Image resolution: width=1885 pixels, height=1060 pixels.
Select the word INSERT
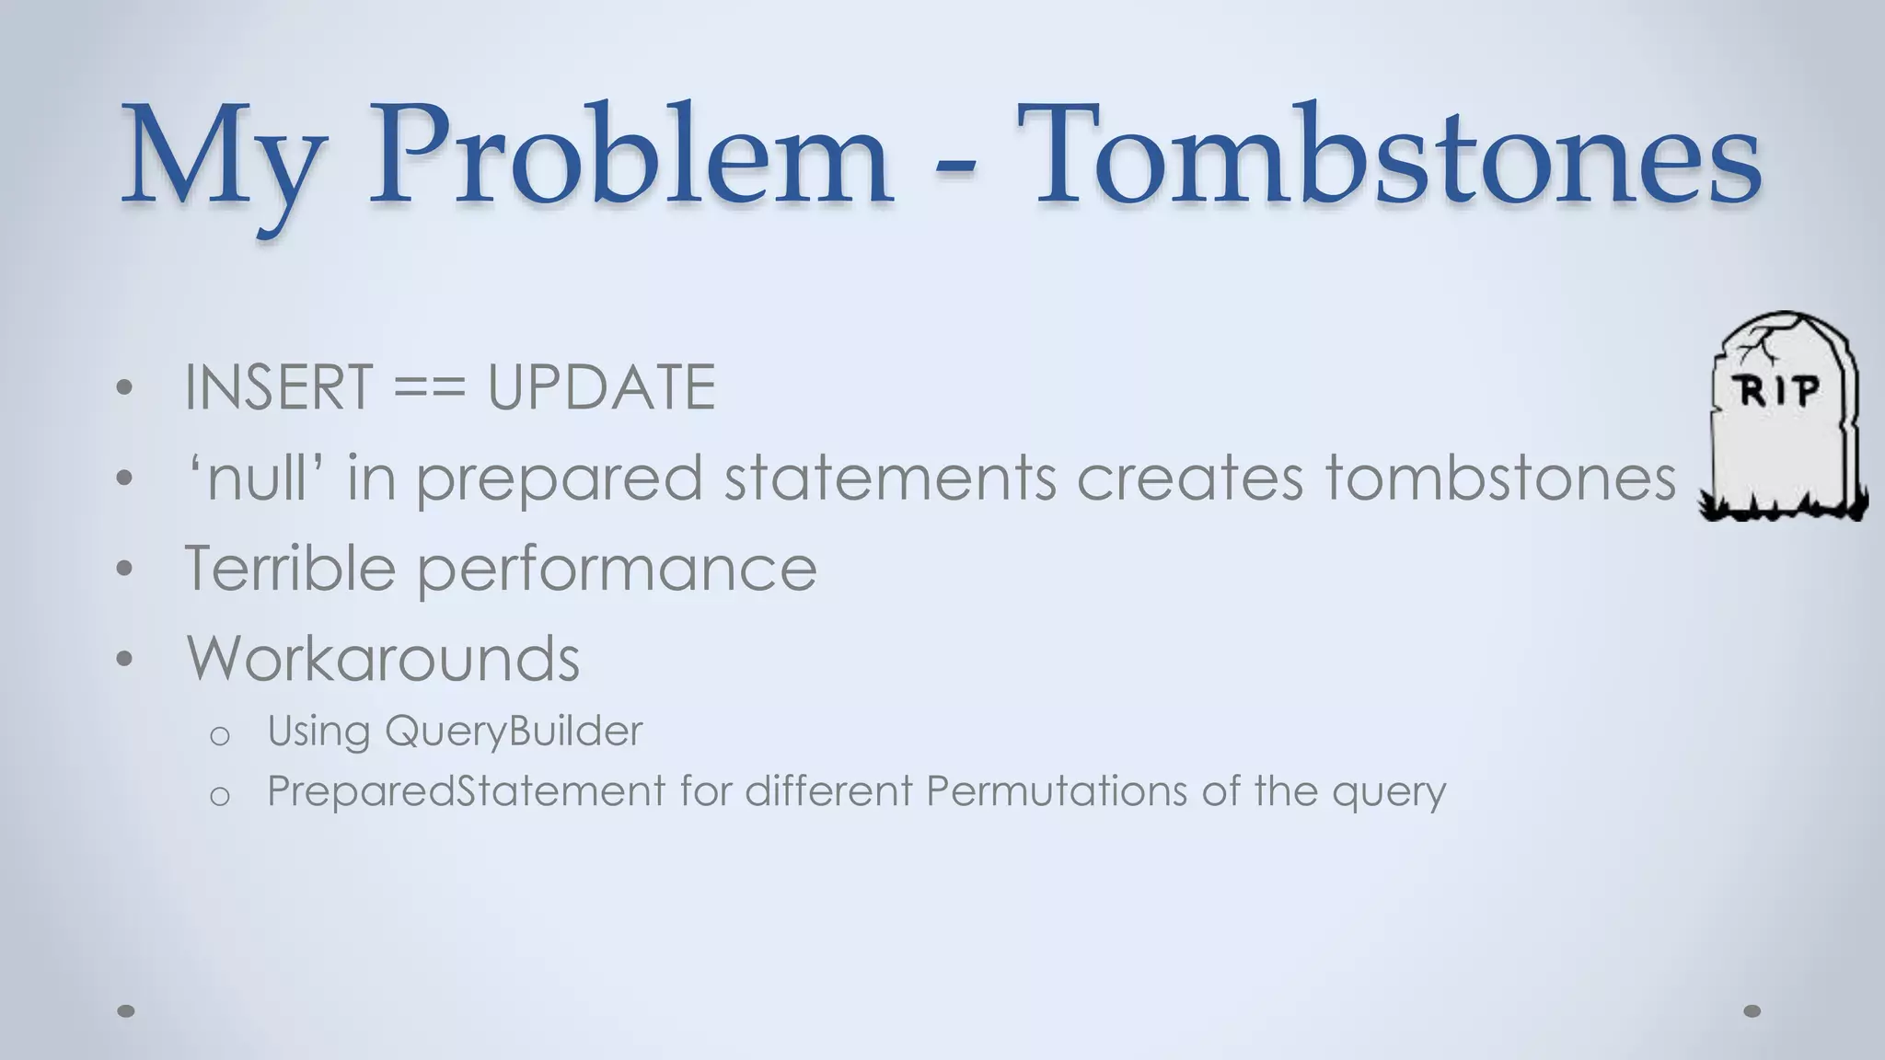[278, 387]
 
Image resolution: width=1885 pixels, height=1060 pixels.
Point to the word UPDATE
[601, 387]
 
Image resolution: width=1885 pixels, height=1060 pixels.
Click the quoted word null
[255, 478]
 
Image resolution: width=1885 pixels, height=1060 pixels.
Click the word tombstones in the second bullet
[1500, 478]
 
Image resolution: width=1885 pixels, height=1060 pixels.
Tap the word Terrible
[290, 568]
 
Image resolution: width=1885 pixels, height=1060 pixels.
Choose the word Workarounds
[383, 658]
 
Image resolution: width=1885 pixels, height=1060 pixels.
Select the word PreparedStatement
[466, 791]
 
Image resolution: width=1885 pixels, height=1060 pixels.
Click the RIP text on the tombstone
[1778, 392]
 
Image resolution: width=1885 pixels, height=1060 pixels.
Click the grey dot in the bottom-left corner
[126, 1010]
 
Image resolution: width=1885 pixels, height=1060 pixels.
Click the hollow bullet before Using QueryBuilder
[219, 735]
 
